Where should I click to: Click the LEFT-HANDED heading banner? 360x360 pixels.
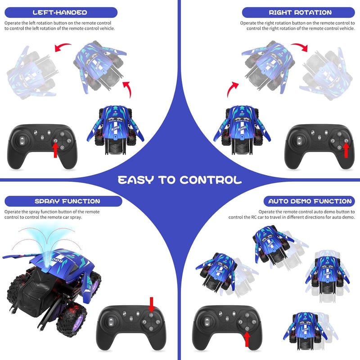pos(61,13)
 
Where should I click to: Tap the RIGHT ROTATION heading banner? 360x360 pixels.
pos(298,13)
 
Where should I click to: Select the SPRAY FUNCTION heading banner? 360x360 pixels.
pos(63,201)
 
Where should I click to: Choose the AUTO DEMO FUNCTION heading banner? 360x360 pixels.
pos(309,201)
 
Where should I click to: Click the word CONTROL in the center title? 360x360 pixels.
pos(211,180)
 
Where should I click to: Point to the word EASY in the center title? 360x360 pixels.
pos(136,180)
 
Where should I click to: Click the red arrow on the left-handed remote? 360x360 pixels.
pos(55,150)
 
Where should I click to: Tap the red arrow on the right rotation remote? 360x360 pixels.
pos(346,150)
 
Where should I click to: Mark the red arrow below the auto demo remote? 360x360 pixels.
pos(247,339)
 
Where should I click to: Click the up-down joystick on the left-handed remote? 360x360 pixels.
pos(22,141)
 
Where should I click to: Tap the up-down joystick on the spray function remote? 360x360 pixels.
pos(111,322)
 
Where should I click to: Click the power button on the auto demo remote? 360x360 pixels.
pos(227,319)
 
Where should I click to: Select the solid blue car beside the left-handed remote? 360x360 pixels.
pos(115,130)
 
